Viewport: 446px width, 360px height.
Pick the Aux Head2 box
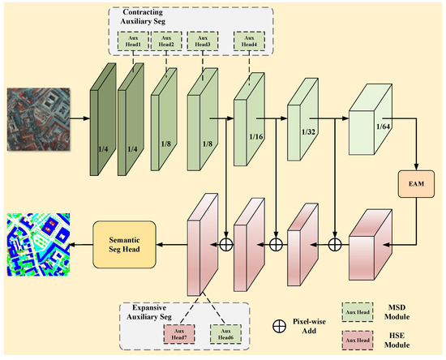click(x=166, y=41)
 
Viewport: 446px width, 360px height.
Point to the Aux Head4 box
click(x=247, y=41)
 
